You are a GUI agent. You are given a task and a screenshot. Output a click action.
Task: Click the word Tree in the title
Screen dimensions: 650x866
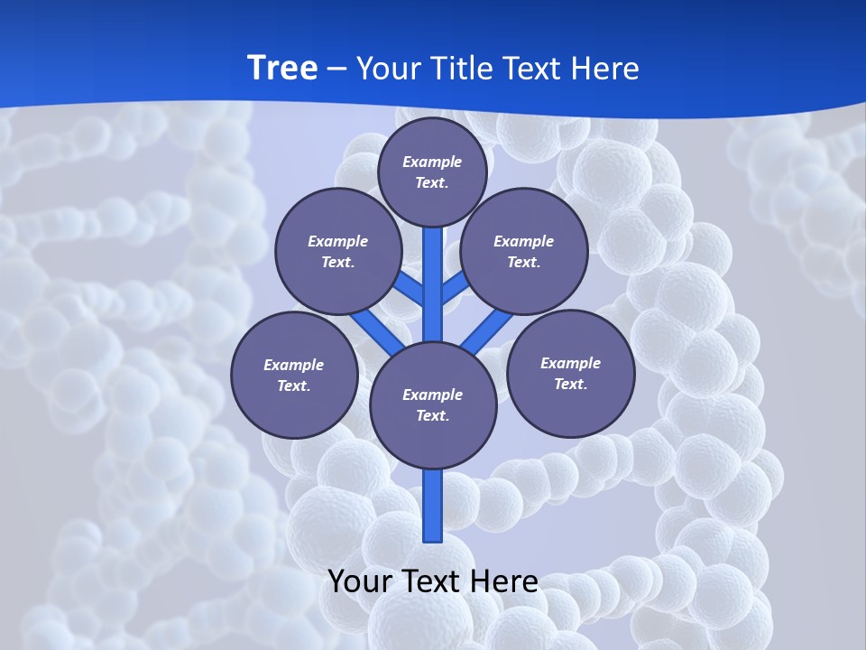[x=282, y=69]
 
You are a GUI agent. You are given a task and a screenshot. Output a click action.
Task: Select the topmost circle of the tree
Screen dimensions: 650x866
[x=432, y=171]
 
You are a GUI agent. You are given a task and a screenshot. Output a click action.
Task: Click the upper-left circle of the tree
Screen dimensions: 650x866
[x=338, y=251]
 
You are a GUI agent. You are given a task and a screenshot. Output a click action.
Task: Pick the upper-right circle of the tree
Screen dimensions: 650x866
[x=524, y=251]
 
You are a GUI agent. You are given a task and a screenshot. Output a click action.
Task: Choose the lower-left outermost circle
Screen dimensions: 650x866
[x=294, y=375]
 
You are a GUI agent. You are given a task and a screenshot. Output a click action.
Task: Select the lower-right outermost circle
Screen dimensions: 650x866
[x=570, y=373]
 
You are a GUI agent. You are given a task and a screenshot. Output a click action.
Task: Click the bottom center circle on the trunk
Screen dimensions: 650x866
[x=433, y=404]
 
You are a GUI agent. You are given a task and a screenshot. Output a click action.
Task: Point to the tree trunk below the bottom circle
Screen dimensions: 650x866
[x=433, y=506]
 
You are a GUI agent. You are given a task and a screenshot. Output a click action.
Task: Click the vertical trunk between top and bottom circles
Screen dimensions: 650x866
[x=433, y=289]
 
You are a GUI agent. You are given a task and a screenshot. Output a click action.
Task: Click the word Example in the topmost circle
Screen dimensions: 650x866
[x=432, y=162]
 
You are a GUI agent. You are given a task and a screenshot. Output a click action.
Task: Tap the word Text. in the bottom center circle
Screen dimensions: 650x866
[x=432, y=416]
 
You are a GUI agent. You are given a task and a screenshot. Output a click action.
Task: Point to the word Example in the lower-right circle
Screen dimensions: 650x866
[x=570, y=363]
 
